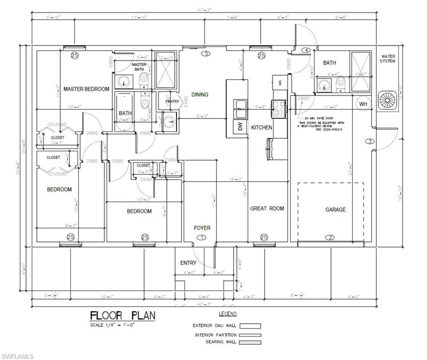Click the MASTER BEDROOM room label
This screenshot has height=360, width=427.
click(x=86, y=89)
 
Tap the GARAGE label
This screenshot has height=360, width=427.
click(x=335, y=210)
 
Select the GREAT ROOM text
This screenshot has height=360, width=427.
click(x=267, y=209)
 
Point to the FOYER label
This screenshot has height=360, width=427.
click(x=202, y=228)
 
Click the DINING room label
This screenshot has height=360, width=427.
click(x=199, y=95)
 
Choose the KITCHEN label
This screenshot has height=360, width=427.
click(x=261, y=127)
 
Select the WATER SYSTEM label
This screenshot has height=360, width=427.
click(x=388, y=59)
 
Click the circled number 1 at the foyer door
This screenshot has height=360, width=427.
click(x=202, y=238)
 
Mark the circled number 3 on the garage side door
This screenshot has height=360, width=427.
click(x=369, y=141)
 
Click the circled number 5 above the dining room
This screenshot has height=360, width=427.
click(x=205, y=54)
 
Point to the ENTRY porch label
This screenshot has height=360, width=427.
click(x=189, y=263)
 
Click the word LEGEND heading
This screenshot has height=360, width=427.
click(x=228, y=314)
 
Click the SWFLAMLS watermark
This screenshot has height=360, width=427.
click(x=17, y=356)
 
